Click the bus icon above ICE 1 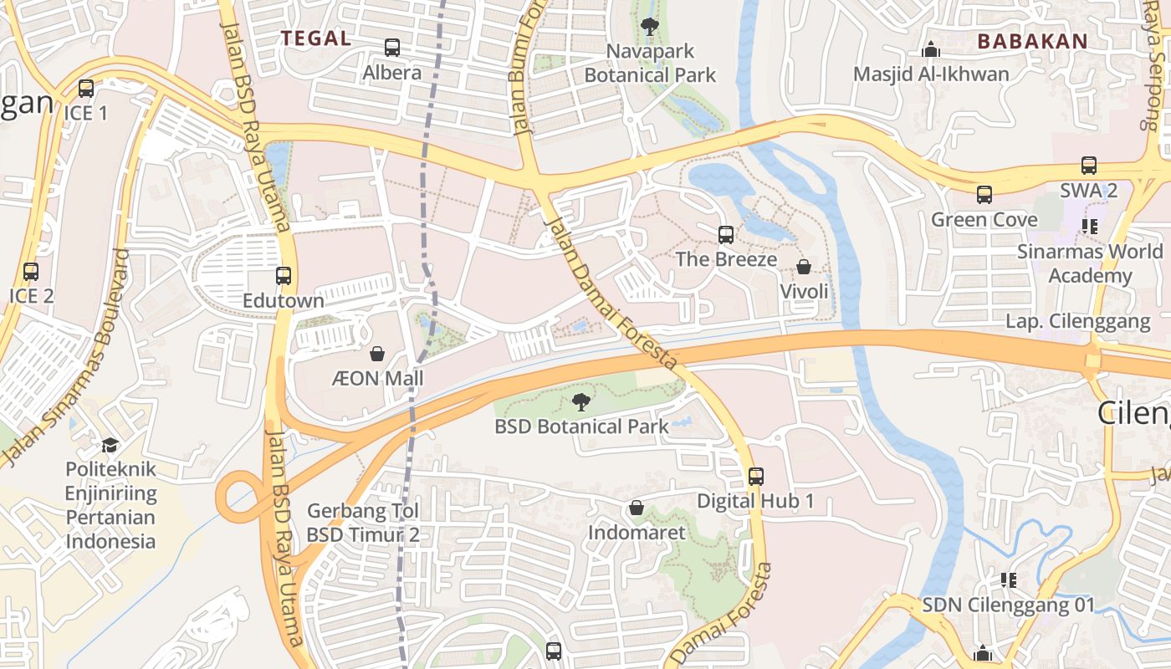(85, 88)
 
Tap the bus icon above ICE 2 (31, 271)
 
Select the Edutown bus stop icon (284, 275)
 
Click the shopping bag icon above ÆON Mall (377, 354)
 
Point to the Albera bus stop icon (391, 48)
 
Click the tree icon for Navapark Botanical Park (649, 27)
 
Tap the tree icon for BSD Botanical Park (580, 402)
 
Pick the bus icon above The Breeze (725, 235)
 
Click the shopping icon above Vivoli (803, 267)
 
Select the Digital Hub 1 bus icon (755, 477)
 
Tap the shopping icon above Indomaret (636, 508)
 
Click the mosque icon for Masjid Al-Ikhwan (930, 50)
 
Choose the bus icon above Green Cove (984, 195)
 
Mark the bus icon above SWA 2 (1088, 166)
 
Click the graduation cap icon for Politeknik (110, 445)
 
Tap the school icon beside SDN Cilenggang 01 (1008, 580)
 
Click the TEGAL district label (315, 38)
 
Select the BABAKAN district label (1032, 41)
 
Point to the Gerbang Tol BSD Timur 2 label (362, 523)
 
